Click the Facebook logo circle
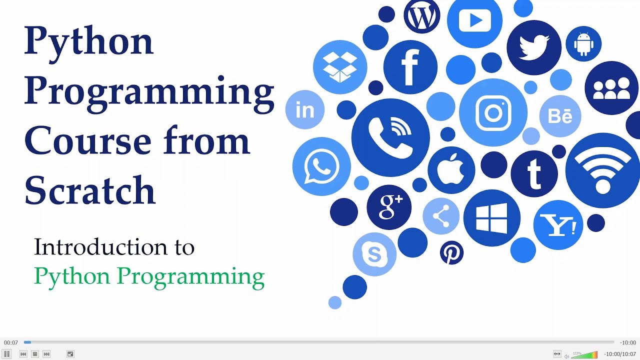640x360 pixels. point(410,67)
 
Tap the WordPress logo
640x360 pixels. point(421,16)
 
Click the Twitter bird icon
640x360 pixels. point(533,47)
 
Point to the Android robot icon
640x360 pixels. point(583,44)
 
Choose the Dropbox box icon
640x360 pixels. point(340,67)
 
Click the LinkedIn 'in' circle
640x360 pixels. point(304,110)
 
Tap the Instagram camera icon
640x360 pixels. point(493,112)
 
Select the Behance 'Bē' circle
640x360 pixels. point(560,116)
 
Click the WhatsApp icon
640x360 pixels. point(321,166)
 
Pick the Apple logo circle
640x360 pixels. point(451,170)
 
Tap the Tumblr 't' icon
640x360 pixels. point(534,173)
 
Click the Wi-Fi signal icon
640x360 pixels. point(602,170)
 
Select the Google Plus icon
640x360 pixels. point(389,207)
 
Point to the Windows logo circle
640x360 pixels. point(491,218)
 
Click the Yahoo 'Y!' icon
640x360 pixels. point(558,225)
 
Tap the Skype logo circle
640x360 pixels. point(374,254)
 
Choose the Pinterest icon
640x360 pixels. point(451,253)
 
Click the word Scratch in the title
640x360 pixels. point(90,190)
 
